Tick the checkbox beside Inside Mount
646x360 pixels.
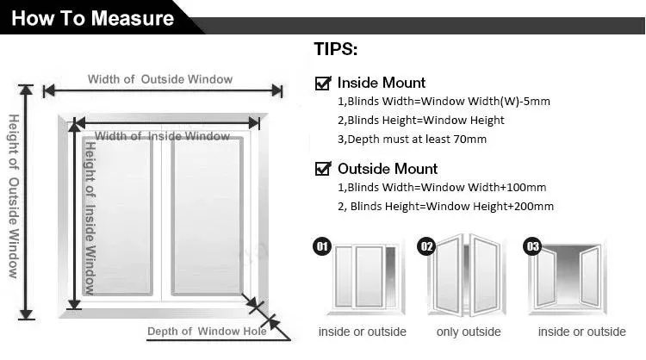pyautogui.click(x=324, y=84)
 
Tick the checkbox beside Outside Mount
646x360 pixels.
pyautogui.click(x=324, y=169)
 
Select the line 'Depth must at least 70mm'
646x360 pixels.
pyautogui.click(x=412, y=139)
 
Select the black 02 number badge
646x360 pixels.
pyautogui.click(x=425, y=247)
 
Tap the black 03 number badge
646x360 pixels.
pyautogui.click(x=532, y=247)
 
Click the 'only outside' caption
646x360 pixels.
pyautogui.click(x=469, y=332)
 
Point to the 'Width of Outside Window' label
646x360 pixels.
pyautogui.click(x=160, y=79)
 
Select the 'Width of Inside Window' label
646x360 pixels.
pyautogui.click(x=162, y=136)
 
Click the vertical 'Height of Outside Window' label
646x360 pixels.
pyautogui.click(x=14, y=196)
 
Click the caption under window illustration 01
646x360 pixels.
pyautogui.click(x=362, y=332)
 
